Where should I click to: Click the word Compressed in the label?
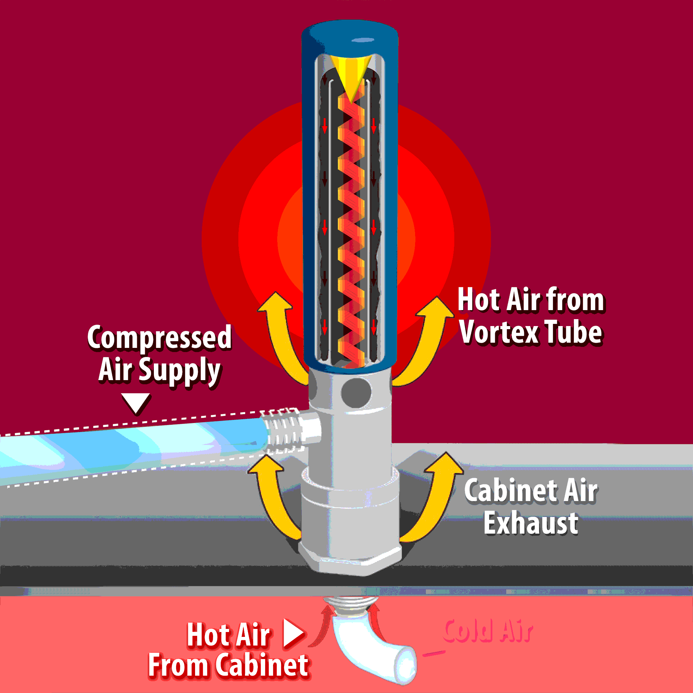click(x=160, y=338)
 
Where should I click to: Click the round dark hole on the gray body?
click(x=356, y=393)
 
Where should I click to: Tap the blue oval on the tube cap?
click(x=363, y=40)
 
